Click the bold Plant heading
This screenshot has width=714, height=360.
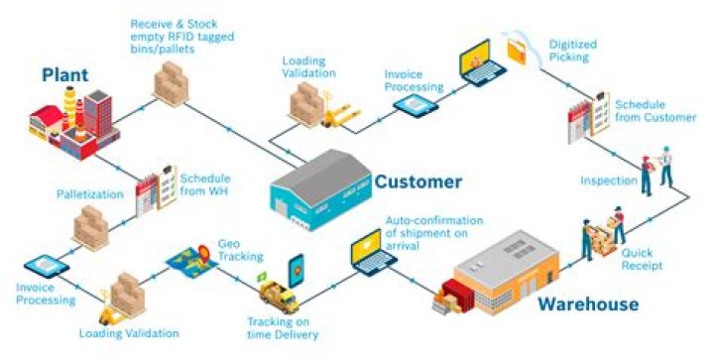(x=65, y=73)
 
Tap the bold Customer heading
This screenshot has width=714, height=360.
(x=416, y=181)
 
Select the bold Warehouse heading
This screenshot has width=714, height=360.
(x=587, y=303)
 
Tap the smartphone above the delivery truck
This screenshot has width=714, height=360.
(x=297, y=269)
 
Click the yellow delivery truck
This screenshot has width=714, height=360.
(x=278, y=296)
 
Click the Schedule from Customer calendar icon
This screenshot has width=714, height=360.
(x=586, y=115)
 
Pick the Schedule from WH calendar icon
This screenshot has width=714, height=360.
(x=155, y=184)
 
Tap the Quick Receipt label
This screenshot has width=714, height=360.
(x=645, y=259)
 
